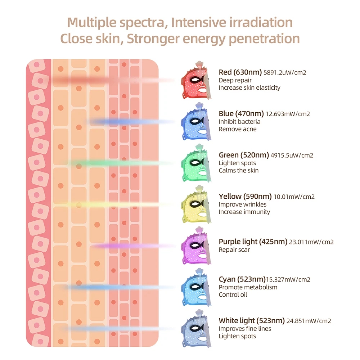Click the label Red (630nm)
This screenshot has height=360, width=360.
[240, 72]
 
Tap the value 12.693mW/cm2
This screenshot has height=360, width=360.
[288, 114]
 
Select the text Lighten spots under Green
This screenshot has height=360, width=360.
[237, 163]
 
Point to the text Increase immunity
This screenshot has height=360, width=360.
[244, 212]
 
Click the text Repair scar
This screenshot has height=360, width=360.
[234, 249]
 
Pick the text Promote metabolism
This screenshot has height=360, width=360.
[248, 287]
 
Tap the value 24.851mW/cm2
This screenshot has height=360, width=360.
[309, 321]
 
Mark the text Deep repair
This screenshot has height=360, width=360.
[235, 80]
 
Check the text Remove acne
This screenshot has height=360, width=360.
[238, 129]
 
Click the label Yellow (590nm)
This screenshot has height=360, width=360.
[245, 196]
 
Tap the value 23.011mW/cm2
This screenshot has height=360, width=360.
[311, 242]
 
